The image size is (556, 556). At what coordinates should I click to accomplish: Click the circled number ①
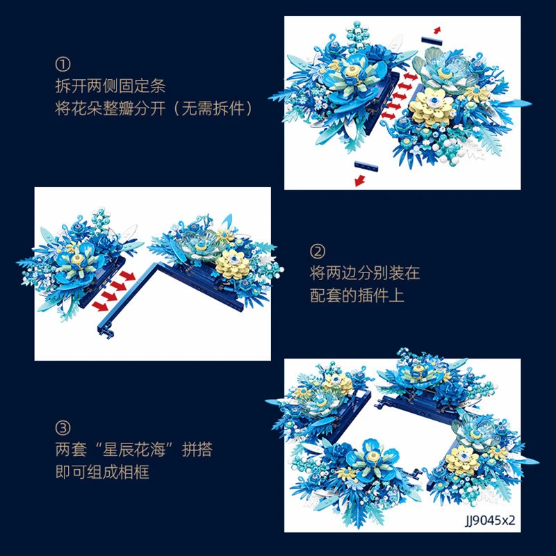(x=63, y=64)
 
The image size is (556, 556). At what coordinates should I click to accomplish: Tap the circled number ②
(x=318, y=252)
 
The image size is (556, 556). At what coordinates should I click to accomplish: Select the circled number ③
(x=63, y=427)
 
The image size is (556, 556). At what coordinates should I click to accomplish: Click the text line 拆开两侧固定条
(x=111, y=86)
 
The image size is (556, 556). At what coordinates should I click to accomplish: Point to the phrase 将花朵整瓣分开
(x=111, y=108)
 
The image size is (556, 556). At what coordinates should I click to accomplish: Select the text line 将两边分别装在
(x=365, y=273)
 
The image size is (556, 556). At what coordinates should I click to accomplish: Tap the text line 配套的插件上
(x=357, y=295)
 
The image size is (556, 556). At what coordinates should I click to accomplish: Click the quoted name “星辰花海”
(x=134, y=450)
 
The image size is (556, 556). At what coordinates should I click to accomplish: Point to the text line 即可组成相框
(x=102, y=472)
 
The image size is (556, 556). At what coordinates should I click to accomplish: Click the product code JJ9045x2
(x=490, y=520)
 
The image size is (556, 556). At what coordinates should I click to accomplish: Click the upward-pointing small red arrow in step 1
(x=437, y=30)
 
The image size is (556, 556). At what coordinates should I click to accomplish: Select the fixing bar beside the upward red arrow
(x=432, y=40)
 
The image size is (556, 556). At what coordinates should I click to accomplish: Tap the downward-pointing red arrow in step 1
(x=360, y=181)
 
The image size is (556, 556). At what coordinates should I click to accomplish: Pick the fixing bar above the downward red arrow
(x=366, y=166)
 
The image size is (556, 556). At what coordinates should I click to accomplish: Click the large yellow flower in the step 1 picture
(x=432, y=106)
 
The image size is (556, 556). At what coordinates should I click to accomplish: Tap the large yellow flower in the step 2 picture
(x=233, y=264)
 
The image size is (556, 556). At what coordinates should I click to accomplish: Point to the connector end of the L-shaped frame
(x=106, y=332)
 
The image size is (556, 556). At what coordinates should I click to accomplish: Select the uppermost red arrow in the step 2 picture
(x=127, y=276)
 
